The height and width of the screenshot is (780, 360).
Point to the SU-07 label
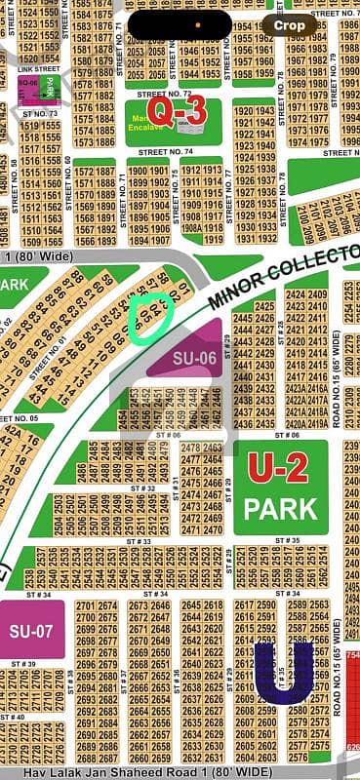[33, 625]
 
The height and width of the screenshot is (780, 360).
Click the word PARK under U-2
[280, 508]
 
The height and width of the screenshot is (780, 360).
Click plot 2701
[84, 605]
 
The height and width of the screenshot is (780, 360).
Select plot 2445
[242, 318]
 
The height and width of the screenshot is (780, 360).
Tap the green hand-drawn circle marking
[150, 317]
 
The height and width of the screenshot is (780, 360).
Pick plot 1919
[214, 239]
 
